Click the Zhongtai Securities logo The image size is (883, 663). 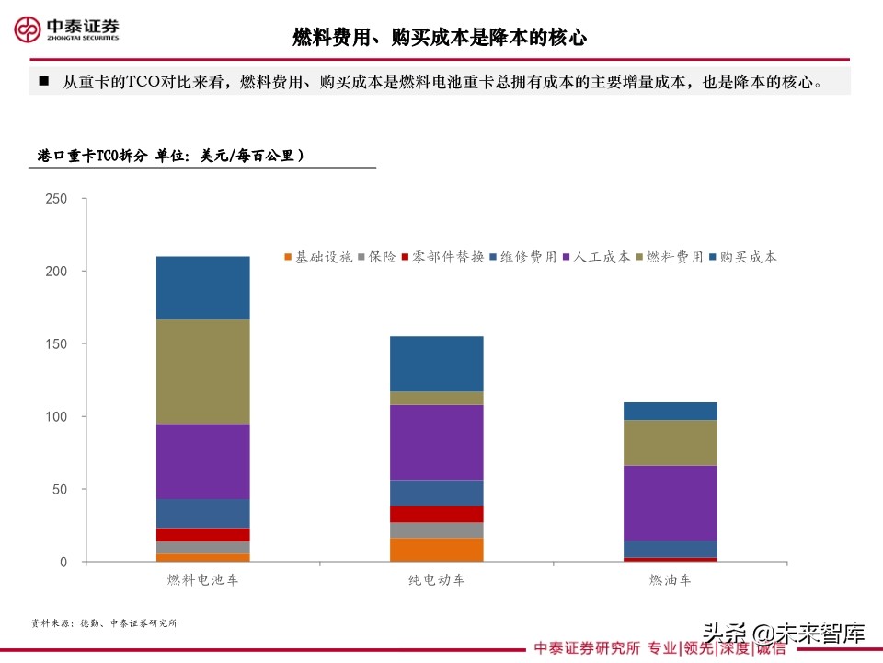[x=66, y=29]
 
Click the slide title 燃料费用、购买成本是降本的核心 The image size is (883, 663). [x=440, y=37]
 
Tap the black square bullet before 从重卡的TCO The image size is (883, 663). [x=42, y=81]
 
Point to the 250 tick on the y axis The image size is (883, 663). [x=56, y=199]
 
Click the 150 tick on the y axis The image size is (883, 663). [x=56, y=344]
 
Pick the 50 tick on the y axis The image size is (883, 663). [x=60, y=489]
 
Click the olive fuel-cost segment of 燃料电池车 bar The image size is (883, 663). [x=203, y=371]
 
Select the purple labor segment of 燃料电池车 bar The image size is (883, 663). [x=203, y=461]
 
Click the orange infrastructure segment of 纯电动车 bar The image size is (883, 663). [x=437, y=550]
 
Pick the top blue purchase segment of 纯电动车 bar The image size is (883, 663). [x=437, y=364]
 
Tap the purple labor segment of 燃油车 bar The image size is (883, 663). [x=671, y=503]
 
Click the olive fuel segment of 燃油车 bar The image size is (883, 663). [x=671, y=443]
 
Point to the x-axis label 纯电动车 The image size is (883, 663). [x=437, y=580]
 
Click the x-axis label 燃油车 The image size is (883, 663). [x=671, y=580]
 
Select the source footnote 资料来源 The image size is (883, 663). [x=103, y=623]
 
